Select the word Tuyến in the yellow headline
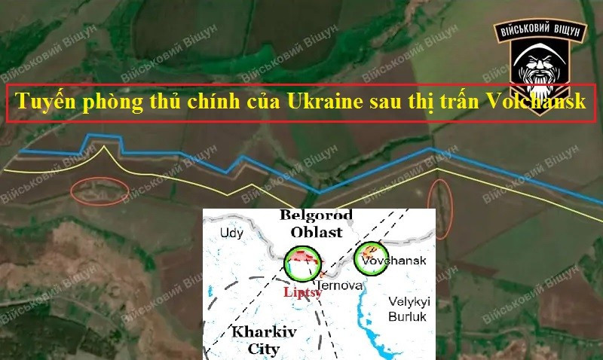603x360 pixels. tap(47, 102)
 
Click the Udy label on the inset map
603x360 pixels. tap(232, 233)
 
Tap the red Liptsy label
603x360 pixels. tap(302, 292)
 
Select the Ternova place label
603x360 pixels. tap(341, 286)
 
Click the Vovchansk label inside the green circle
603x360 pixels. tap(393, 261)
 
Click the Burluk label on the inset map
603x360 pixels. tap(408, 316)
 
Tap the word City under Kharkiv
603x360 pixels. tap(264, 349)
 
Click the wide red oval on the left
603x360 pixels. tap(99, 191)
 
